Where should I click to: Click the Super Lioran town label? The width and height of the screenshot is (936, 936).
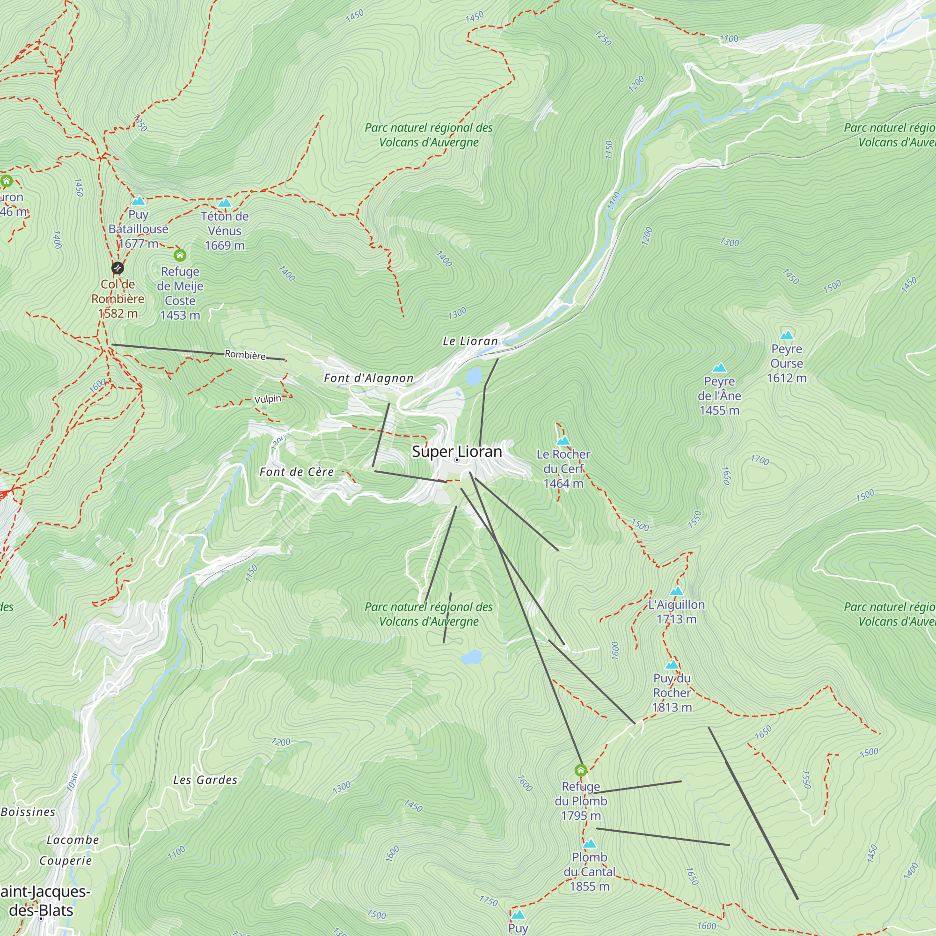pyautogui.click(x=456, y=452)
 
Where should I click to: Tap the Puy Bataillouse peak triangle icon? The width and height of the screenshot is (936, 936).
pyautogui.click(x=139, y=201)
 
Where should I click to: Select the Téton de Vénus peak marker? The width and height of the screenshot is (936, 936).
pyautogui.click(x=224, y=203)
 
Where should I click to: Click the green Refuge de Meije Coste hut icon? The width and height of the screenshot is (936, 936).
pyautogui.click(x=180, y=255)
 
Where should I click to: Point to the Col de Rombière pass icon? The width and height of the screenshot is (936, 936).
pyautogui.click(x=118, y=268)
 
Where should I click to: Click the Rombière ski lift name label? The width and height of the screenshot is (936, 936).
pyautogui.click(x=245, y=355)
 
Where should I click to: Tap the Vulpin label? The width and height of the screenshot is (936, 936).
pyautogui.click(x=267, y=399)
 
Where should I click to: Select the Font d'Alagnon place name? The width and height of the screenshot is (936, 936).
pyautogui.click(x=368, y=378)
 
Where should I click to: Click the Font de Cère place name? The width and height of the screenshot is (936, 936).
pyautogui.click(x=297, y=472)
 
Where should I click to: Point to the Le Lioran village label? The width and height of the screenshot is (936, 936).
pyautogui.click(x=470, y=341)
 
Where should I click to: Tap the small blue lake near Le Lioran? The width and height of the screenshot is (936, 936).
pyautogui.click(x=474, y=375)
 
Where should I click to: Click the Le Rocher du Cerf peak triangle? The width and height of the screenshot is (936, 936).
pyautogui.click(x=563, y=440)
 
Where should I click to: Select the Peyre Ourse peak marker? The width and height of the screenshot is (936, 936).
pyautogui.click(x=787, y=335)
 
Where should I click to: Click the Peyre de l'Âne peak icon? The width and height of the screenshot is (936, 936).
pyautogui.click(x=719, y=368)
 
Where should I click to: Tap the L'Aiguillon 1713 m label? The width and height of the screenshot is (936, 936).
pyautogui.click(x=676, y=612)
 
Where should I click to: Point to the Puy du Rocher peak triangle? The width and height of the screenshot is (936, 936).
pyautogui.click(x=672, y=665)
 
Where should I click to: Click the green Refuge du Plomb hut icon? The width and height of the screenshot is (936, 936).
pyautogui.click(x=580, y=770)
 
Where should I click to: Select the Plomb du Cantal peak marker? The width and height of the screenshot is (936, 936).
pyautogui.click(x=589, y=844)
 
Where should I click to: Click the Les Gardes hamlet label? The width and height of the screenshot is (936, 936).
pyautogui.click(x=205, y=780)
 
